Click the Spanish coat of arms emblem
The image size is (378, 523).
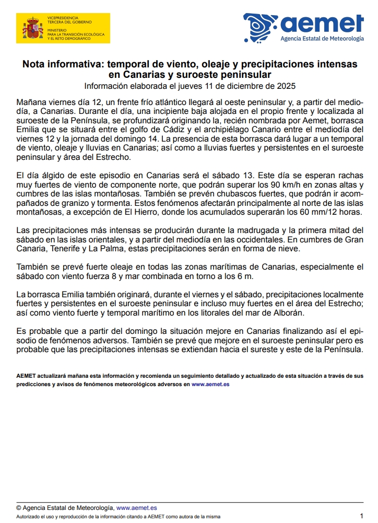point(33,29)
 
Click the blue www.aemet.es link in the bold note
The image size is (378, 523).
point(210,384)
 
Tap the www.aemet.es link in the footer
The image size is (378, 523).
point(136,507)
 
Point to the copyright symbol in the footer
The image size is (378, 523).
point(19,507)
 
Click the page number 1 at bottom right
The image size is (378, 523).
point(361,515)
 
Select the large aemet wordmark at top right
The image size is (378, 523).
point(322,24)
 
